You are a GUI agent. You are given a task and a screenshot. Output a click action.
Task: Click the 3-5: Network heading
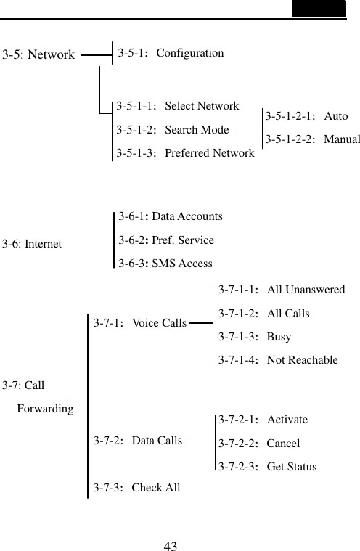pyautogui.click(x=39, y=54)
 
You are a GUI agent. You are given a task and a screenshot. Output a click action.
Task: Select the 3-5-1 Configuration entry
pyautogui.click(x=171, y=52)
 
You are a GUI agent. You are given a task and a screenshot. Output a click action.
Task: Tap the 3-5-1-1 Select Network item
pyautogui.click(x=178, y=106)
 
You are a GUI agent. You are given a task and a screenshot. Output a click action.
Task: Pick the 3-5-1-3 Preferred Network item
pyautogui.click(x=185, y=153)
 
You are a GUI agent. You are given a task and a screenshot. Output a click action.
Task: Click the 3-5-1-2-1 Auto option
pyautogui.click(x=306, y=116)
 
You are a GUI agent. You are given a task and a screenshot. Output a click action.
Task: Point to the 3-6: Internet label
pyautogui.click(x=32, y=244)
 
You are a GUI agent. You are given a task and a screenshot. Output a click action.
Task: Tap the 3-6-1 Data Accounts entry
pyautogui.click(x=171, y=216)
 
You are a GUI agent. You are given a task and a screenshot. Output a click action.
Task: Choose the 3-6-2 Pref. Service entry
pyautogui.click(x=166, y=240)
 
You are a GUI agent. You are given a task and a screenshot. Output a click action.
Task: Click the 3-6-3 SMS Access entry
pyautogui.click(x=165, y=264)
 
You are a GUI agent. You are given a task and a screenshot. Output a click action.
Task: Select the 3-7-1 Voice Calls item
pyautogui.click(x=139, y=322)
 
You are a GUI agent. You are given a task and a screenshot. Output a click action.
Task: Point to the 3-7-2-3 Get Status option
pyautogui.click(x=267, y=466)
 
